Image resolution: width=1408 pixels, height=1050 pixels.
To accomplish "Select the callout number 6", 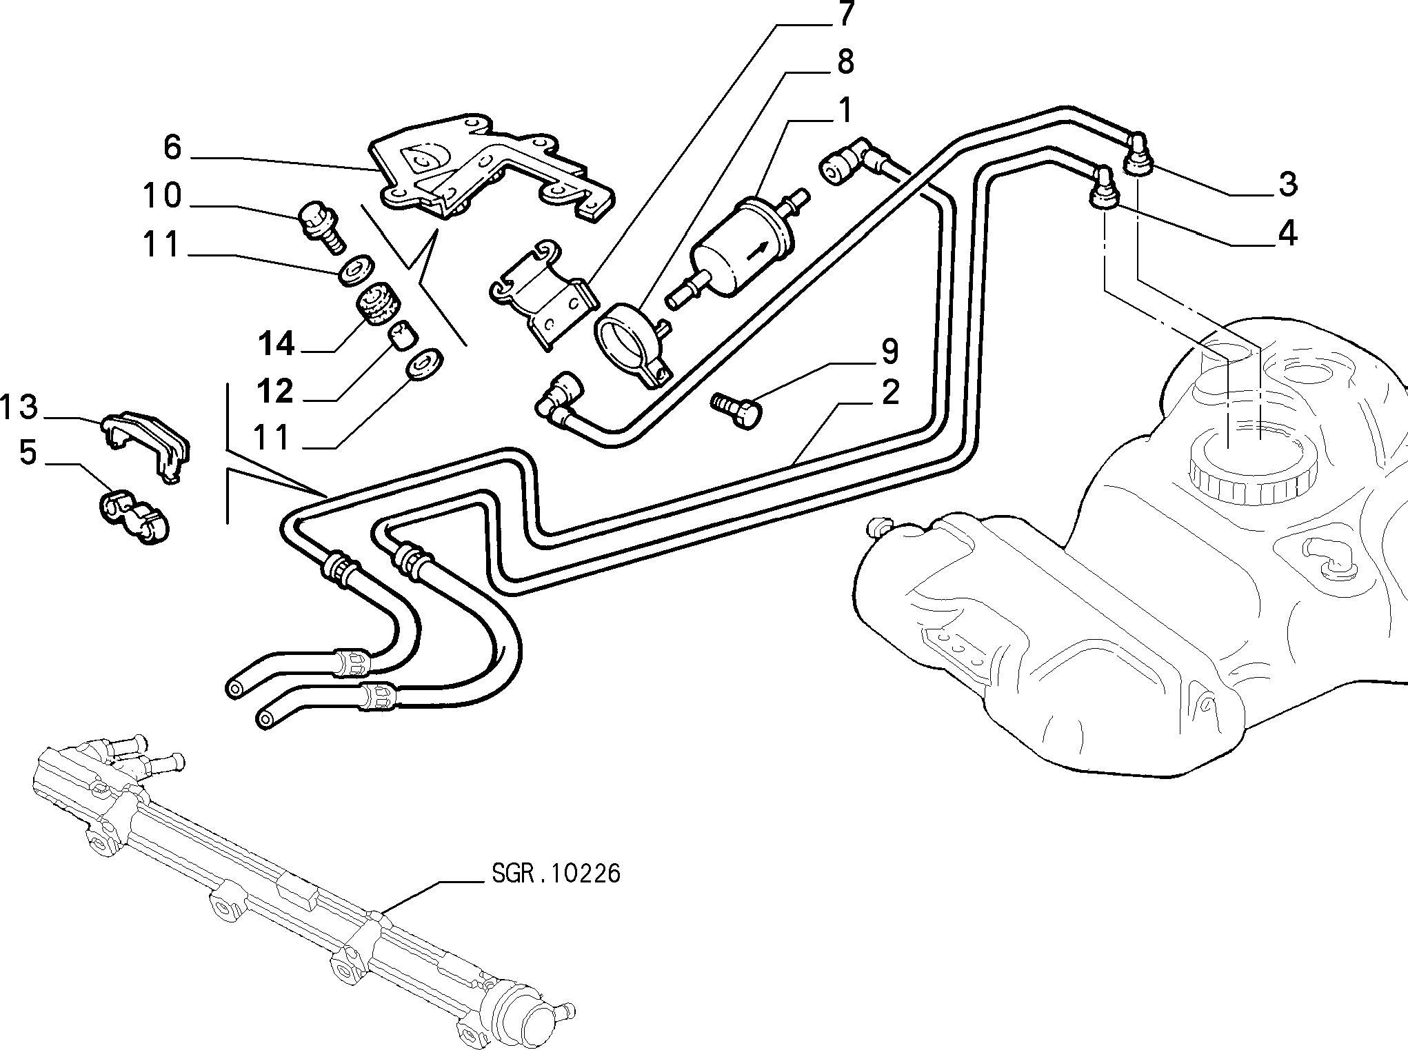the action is point(172,147).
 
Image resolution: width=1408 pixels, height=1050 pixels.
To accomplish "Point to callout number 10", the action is point(163,196).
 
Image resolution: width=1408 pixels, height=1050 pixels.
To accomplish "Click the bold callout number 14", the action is point(277,343).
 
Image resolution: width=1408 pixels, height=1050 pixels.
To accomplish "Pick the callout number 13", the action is point(19,407).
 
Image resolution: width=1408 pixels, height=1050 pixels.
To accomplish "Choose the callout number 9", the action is point(889,352).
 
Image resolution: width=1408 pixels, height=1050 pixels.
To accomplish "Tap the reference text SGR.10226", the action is point(556,874).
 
